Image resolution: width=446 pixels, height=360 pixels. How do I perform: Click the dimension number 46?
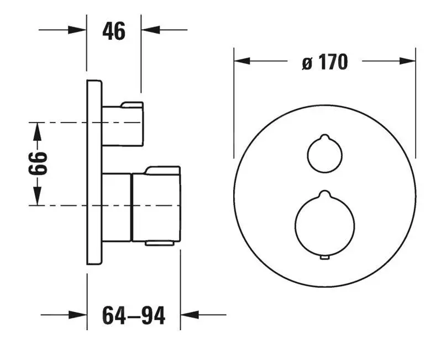114,32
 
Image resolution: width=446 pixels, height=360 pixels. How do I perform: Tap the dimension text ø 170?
325,62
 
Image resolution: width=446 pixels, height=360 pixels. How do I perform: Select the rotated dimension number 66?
37,163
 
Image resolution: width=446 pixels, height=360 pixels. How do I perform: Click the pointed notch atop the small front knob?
324,136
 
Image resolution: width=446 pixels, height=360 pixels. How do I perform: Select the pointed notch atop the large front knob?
324,193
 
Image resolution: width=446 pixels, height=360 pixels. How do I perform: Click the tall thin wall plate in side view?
95,172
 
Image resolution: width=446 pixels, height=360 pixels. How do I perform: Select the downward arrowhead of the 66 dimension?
37,197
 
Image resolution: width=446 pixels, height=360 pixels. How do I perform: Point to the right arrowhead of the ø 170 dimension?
407,61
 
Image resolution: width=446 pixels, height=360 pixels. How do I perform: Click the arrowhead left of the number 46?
78,29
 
